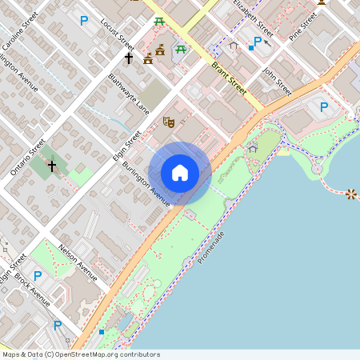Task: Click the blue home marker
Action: pos(180,172)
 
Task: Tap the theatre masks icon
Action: pos(169,122)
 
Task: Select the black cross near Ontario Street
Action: pos(52,166)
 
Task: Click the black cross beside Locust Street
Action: pos(128,58)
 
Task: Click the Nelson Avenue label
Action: pos(78,263)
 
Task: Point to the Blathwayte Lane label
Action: pos(128,94)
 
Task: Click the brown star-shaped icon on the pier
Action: pos(350,194)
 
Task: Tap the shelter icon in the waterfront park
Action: pos(253,148)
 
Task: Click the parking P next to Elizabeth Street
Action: pos(258,41)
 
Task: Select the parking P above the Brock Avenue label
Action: pos(38,274)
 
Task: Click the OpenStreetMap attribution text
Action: pos(80,354)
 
